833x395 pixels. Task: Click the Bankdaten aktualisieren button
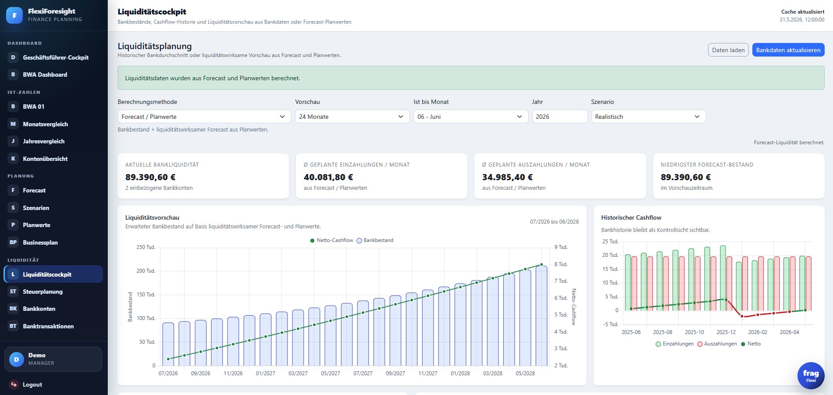(x=788, y=50)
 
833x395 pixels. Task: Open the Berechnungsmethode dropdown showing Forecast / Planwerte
(x=204, y=117)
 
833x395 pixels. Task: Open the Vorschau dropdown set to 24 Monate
(x=352, y=117)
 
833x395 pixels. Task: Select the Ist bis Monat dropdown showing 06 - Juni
(x=471, y=117)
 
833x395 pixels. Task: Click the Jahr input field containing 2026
(x=560, y=117)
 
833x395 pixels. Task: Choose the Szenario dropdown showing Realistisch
(x=648, y=117)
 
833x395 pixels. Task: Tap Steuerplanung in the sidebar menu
(x=43, y=292)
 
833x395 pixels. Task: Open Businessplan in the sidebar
(x=40, y=242)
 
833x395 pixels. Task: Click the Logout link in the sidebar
(x=32, y=384)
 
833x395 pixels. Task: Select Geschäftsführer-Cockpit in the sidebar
(x=56, y=57)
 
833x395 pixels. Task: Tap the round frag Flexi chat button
(x=811, y=376)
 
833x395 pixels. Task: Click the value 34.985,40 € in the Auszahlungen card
(x=507, y=177)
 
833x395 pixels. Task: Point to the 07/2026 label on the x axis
(x=168, y=374)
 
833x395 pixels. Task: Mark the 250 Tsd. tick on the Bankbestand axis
(x=146, y=247)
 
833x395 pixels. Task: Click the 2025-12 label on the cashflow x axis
(x=726, y=332)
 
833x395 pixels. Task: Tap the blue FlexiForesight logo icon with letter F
(x=14, y=15)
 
